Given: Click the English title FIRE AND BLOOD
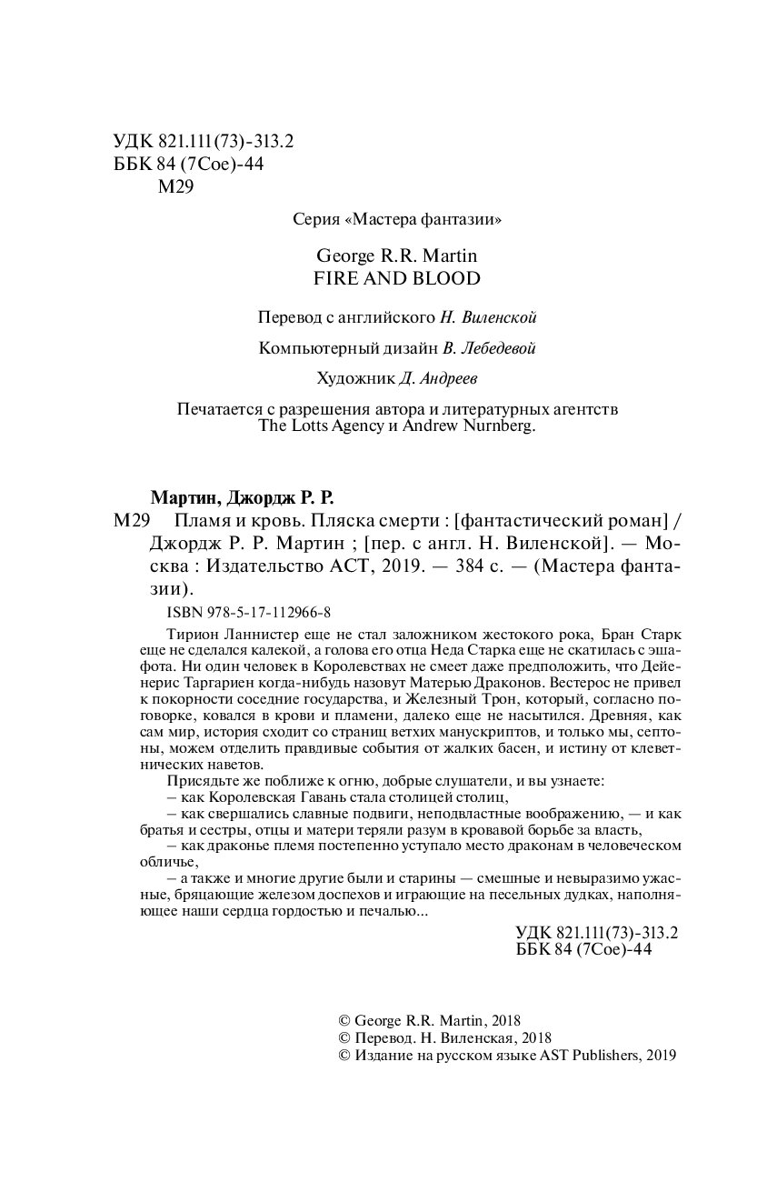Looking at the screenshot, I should [x=383, y=278].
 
